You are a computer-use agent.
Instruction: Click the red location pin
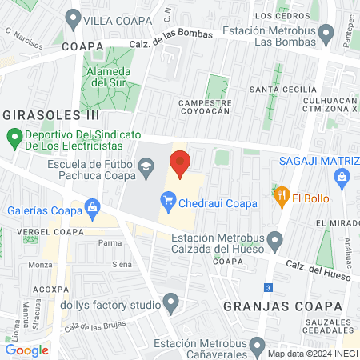pos(180,163)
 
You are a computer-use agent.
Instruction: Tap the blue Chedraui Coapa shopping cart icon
pos(168,199)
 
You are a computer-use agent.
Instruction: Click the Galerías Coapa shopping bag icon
pos(92,206)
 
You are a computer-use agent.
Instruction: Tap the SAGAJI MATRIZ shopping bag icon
pos(343,174)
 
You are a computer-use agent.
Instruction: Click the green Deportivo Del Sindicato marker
pos(14,140)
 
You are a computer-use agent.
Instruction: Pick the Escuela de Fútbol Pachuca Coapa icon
pos(146,166)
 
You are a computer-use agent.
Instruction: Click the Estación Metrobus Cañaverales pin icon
pos(257,346)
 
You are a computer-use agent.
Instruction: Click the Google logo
pos(26,350)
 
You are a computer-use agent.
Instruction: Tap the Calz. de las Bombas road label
pos(172,34)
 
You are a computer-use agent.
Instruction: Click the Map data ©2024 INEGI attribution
pos(313,354)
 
